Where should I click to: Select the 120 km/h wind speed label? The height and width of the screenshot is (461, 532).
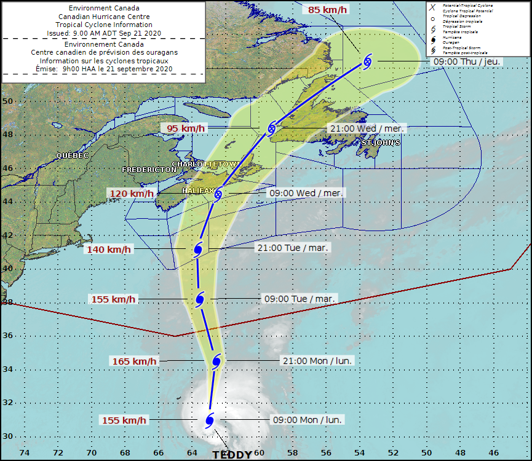[132, 194]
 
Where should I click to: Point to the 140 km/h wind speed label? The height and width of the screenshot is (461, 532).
[109, 250]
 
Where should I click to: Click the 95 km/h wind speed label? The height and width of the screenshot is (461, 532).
[183, 128]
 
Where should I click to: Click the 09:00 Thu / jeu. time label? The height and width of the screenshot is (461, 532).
[467, 61]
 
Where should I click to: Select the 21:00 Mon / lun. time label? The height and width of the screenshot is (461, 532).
[317, 361]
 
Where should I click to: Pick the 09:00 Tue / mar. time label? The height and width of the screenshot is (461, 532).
[299, 299]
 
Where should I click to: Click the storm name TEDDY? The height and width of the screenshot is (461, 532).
[232, 455]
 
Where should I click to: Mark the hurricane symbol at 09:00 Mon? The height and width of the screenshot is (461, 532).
[209, 420]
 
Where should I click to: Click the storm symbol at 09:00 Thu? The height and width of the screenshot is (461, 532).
[368, 61]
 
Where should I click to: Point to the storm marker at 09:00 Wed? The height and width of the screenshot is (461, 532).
[217, 194]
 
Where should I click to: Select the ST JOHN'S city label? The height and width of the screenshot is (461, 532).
[381, 143]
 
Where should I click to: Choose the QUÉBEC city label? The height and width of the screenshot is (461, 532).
[73, 156]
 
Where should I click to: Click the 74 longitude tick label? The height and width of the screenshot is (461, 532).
[25, 453]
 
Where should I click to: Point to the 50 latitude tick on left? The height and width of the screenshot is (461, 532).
[7, 101]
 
